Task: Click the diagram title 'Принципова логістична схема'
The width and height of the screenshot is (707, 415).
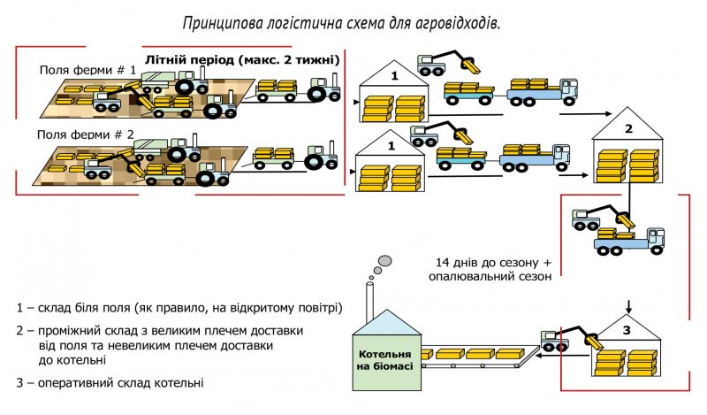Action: pos(341,21)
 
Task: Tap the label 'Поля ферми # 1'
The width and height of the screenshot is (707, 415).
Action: pos(87,69)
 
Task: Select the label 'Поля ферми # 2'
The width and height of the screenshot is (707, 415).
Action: pos(86,134)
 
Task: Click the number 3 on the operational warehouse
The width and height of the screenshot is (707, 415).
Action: pos(627,330)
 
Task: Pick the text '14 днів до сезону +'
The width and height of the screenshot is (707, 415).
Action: pos(494,263)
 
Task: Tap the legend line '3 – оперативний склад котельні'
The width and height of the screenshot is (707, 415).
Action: pos(110,383)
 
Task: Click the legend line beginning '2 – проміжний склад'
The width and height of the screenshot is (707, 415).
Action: pos(160,330)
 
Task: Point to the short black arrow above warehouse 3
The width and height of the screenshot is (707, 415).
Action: pos(627,306)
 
